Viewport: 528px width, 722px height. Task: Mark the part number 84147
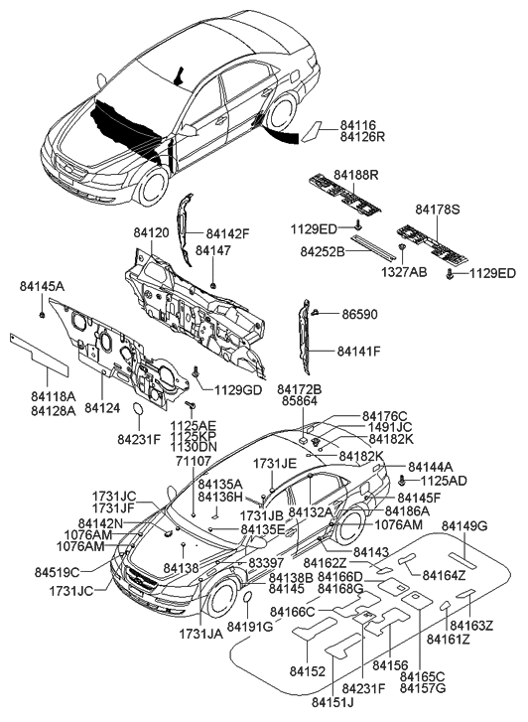212,251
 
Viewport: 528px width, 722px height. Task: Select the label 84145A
42,286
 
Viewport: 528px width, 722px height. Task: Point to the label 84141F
359,351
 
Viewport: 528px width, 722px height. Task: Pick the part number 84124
103,407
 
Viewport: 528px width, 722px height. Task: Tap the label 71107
193,461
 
